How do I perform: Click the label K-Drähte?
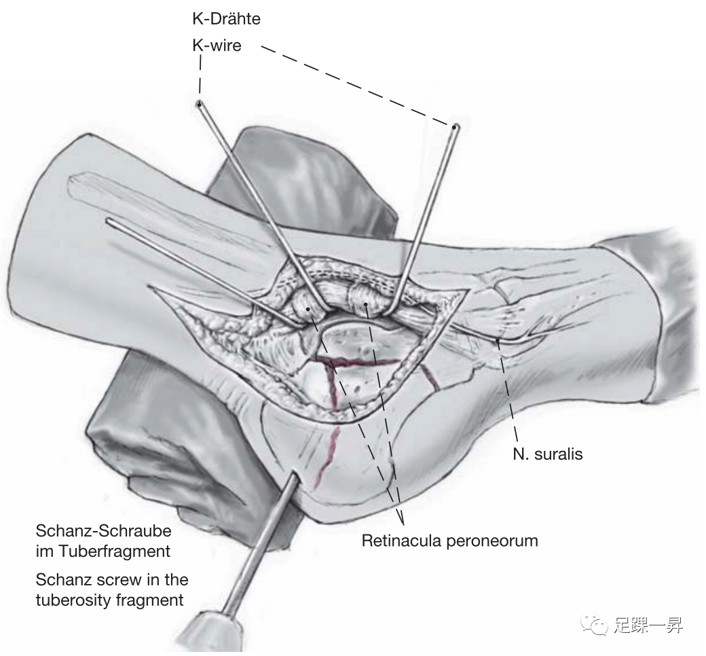226,19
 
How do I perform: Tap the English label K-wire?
217,47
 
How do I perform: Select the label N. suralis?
548,454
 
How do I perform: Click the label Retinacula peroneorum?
449,541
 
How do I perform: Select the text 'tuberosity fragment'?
109,600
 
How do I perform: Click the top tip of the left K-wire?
199,104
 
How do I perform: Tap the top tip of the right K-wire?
456,126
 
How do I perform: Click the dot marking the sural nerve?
499,340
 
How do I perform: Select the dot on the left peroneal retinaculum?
309,310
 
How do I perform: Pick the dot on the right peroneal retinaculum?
367,305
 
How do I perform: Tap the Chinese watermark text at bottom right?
648,625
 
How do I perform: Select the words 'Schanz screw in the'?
112,581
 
